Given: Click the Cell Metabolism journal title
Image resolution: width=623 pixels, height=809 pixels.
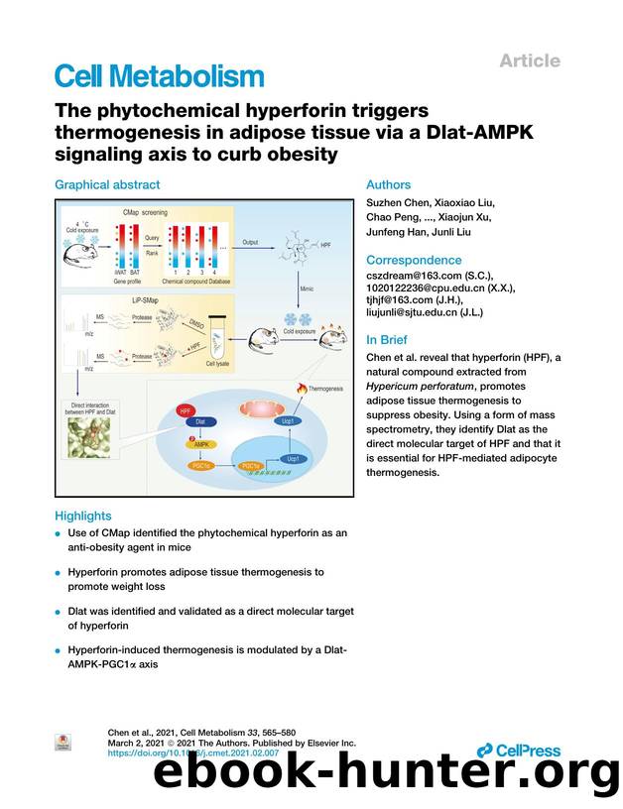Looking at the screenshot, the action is [159, 76].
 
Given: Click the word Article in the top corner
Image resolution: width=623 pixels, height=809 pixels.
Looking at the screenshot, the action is [529, 60].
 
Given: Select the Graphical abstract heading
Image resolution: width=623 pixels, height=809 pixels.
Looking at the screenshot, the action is [107, 184].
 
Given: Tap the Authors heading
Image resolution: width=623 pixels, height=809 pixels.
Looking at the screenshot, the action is [388, 184].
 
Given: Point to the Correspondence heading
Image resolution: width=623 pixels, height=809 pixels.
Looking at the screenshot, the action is [414, 261].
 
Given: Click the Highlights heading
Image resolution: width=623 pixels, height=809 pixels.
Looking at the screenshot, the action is [83, 516].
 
